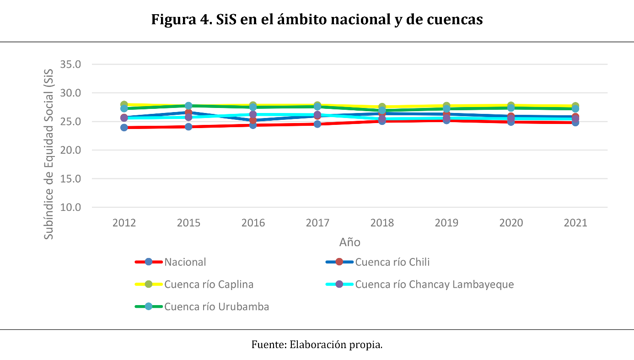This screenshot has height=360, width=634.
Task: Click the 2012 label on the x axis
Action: click(x=124, y=223)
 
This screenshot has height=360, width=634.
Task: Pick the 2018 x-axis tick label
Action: click(x=382, y=223)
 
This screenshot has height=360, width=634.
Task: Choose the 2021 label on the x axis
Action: click(x=575, y=223)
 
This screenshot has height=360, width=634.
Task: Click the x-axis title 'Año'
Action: click(x=349, y=242)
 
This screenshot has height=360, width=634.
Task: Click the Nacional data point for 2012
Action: click(x=124, y=128)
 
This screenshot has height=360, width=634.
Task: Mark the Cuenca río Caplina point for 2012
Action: click(x=124, y=105)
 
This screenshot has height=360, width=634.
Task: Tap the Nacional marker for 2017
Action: click(x=317, y=124)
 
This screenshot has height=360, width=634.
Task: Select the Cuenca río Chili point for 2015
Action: click(x=188, y=113)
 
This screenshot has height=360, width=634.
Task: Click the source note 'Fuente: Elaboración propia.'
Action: click(x=317, y=345)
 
